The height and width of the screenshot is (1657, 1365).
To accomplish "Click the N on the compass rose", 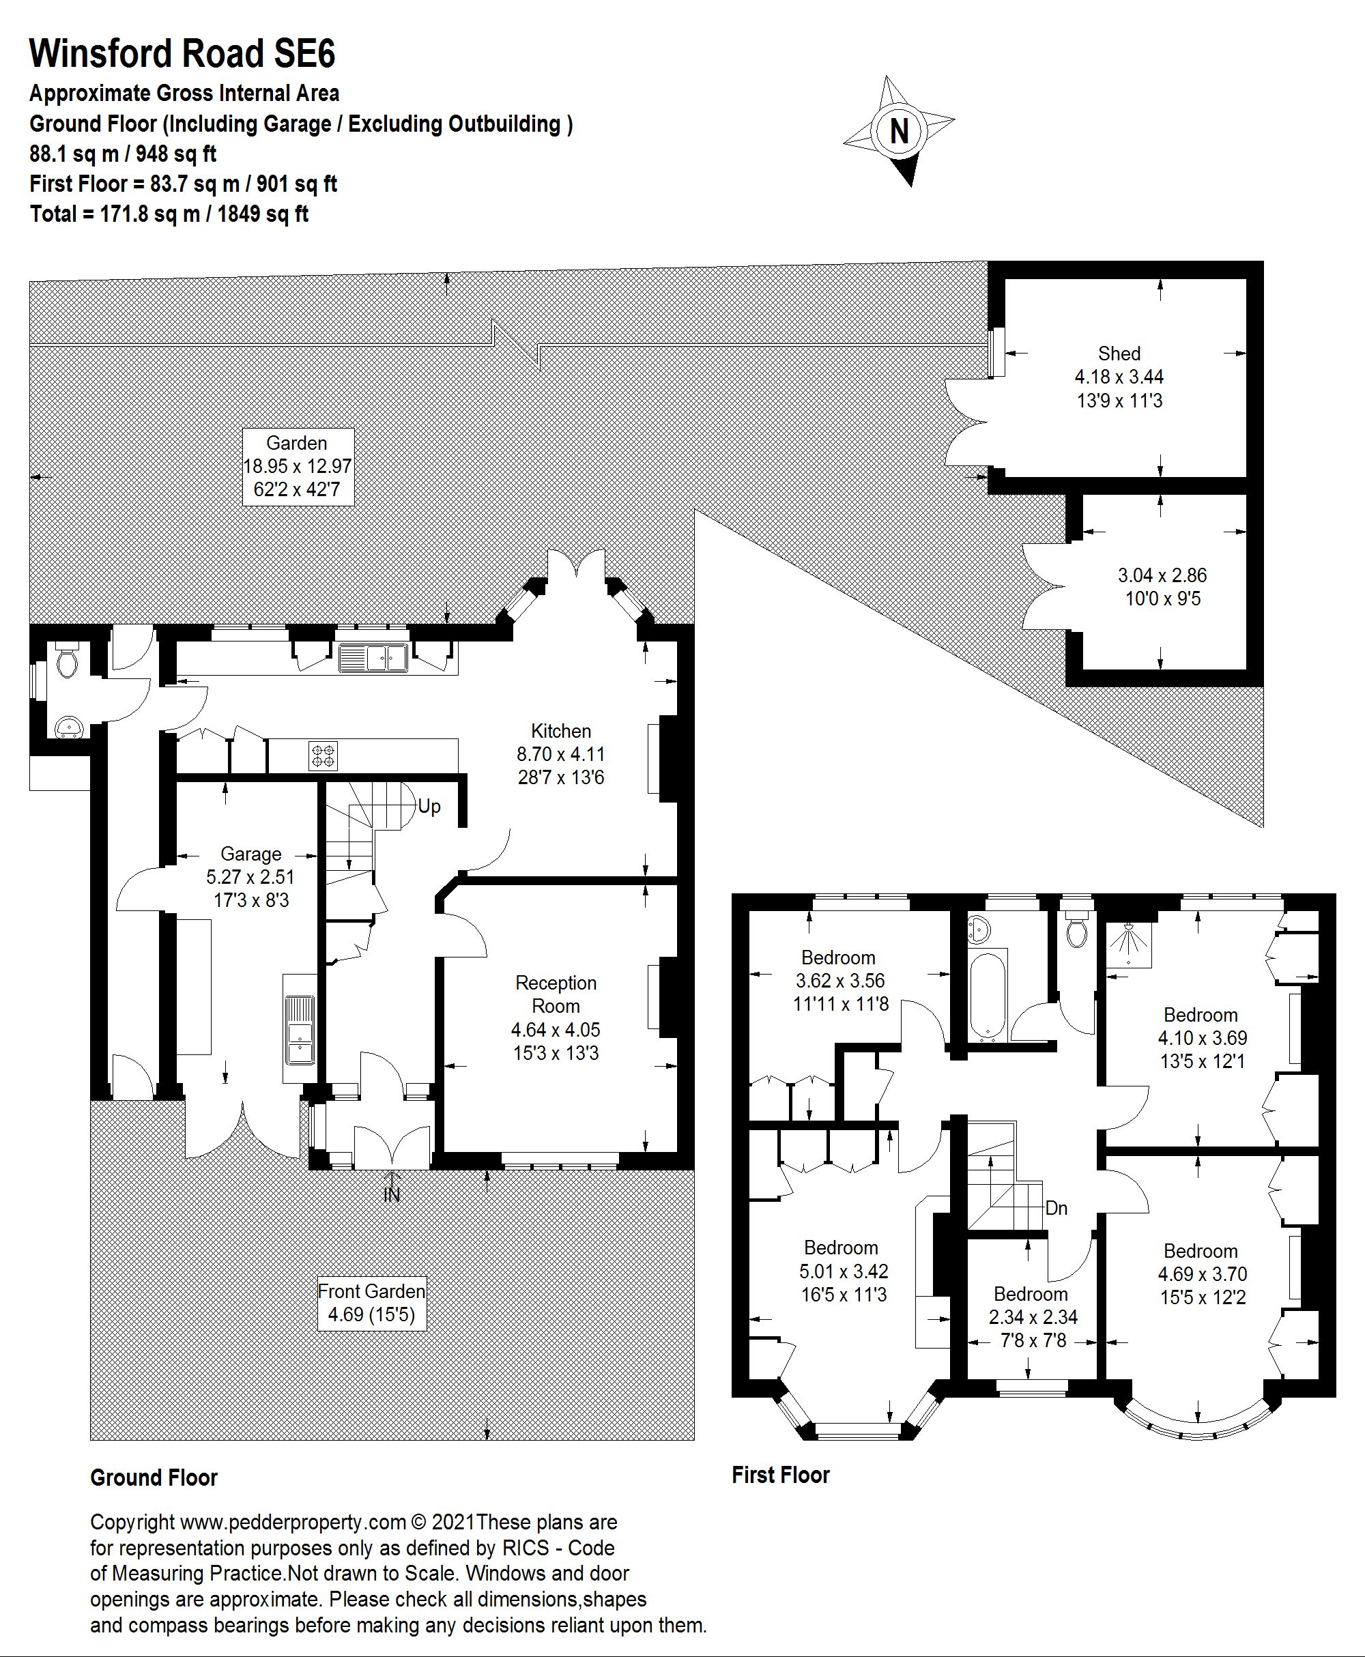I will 899,130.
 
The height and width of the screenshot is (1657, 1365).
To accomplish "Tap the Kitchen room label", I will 560,731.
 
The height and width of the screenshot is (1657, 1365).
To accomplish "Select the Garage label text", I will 251,854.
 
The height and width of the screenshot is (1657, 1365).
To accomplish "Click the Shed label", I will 1119,354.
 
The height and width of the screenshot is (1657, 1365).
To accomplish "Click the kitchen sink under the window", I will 373,657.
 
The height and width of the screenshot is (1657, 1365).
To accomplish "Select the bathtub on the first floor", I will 988,995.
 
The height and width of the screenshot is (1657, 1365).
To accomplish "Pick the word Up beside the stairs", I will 429,807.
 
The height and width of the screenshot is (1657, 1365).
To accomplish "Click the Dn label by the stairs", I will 1056,1208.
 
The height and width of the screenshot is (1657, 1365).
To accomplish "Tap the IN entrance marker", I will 392,1195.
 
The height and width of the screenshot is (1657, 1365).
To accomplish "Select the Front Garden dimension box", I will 372,1303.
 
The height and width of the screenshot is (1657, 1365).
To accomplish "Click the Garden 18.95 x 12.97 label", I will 297,466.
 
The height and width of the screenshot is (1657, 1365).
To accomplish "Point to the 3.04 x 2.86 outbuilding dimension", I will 1162,575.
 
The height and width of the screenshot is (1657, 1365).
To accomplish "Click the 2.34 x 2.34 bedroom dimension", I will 1033,1316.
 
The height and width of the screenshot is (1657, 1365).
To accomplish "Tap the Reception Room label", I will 556,994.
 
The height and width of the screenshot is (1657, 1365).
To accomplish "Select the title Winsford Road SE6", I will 182,53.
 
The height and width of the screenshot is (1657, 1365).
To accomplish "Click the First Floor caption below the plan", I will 781,1475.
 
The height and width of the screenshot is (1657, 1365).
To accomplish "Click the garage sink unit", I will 300,1029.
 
